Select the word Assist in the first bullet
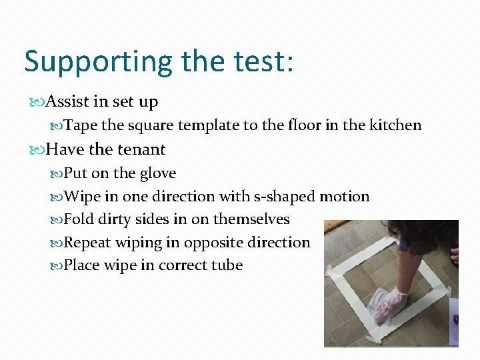pyautogui.click(x=69, y=102)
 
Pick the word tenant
pyautogui.click(x=141, y=149)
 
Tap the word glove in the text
pyautogui.click(x=158, y=173)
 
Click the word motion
pyautogui.click(x=345, y=197)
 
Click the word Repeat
pyautogui.click(x=87, y=243)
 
